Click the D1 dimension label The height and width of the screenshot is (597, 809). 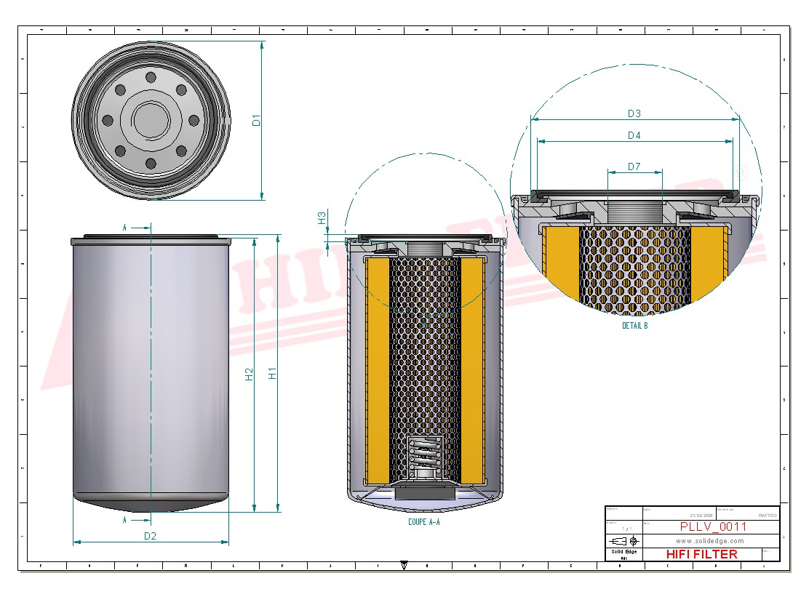257,120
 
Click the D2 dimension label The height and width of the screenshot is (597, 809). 151,536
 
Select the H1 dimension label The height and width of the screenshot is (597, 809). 273,373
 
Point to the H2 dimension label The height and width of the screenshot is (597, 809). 249,374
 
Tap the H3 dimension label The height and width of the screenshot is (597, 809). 322,217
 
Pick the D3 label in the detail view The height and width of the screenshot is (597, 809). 634,113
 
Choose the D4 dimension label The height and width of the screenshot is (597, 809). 634,135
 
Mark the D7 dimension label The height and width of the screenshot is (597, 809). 634,167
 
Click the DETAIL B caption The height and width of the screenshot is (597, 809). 634,326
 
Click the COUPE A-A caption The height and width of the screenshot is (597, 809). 424,522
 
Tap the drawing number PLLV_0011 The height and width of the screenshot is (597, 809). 712,527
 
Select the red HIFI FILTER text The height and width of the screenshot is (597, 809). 701,554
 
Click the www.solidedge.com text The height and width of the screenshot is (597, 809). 710,541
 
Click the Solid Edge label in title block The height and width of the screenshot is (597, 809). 623,553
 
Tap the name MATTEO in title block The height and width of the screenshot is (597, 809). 768,515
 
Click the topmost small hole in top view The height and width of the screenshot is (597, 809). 151,78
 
